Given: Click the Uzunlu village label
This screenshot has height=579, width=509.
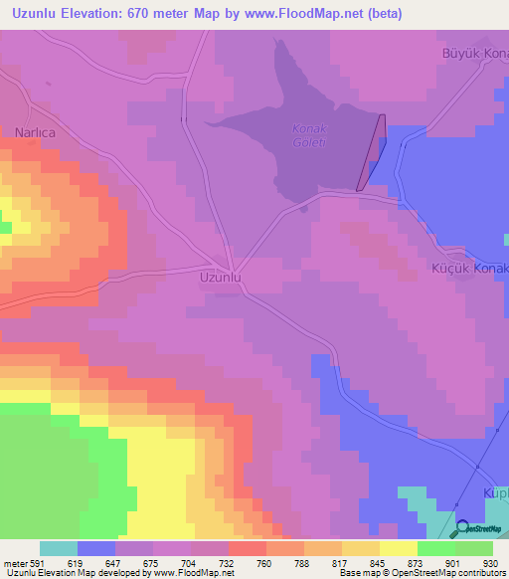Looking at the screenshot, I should point(221,278).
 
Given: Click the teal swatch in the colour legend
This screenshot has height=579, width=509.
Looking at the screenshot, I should point(59,548).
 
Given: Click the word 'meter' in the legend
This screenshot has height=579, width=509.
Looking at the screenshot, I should point(14,562).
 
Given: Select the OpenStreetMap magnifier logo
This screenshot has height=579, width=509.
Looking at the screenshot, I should point(463,528).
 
